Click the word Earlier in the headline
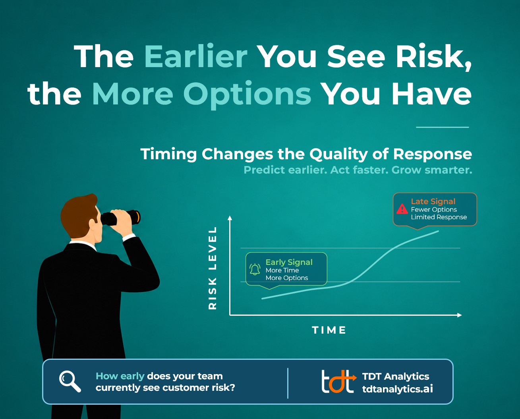click(196, 56)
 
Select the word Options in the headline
click(247, 95)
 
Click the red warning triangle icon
click(402, 209)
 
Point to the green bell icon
click(255, 269)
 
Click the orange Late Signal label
click(433, 201)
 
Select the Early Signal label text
click(289, 262)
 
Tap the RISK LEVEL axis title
click(213, 268)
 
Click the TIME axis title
click(329, 330)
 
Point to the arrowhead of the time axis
click(460, 315)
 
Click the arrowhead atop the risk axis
click(230, 218)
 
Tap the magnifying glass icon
click(70, 381)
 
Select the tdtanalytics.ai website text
click(398, 389)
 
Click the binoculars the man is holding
click(120, 218)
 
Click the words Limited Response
click(439, 217)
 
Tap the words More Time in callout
click(282, 270)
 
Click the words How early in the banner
click(120, 377)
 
